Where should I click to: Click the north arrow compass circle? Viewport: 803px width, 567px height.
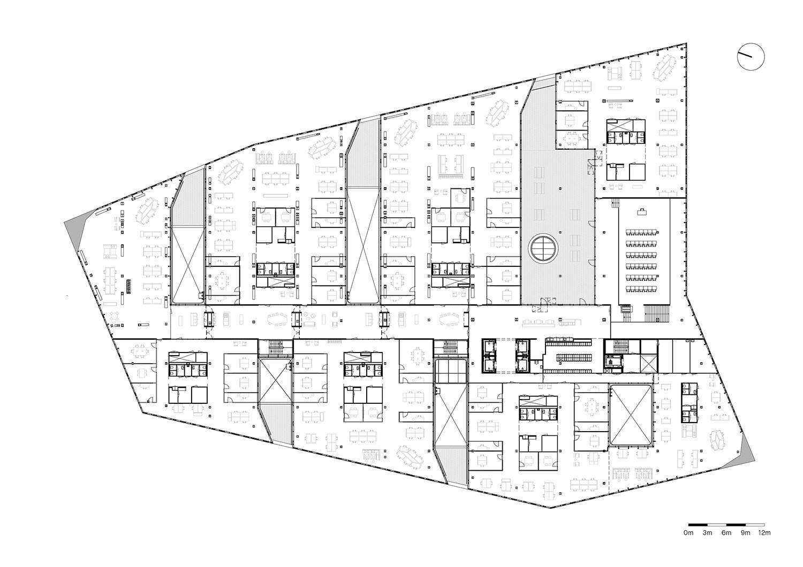pos(751,57)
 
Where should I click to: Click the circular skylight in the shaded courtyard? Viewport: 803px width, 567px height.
pos(543,248)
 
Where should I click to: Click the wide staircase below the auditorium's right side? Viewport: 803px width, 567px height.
pos(657,313)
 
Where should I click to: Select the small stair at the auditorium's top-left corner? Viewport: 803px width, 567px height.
pos(615,204)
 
